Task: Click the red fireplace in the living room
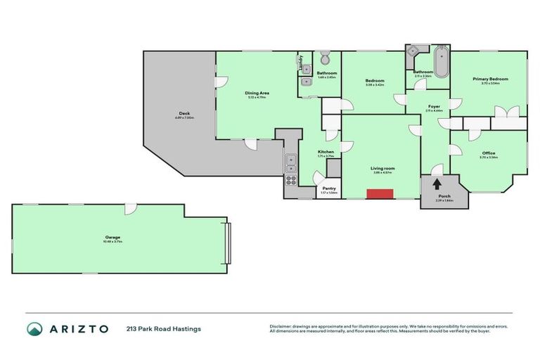[x=379, y=194]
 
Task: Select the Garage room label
[x=113, y=238]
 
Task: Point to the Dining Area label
[x=257, y=93]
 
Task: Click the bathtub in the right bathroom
[x=441, y=61]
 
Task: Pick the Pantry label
[x=328, y=188]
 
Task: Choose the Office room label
[x=489, y=153]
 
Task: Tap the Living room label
[x=383, y=168]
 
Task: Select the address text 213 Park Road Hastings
[x=164, y=328]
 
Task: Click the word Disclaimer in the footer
[x=282, y=326]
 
